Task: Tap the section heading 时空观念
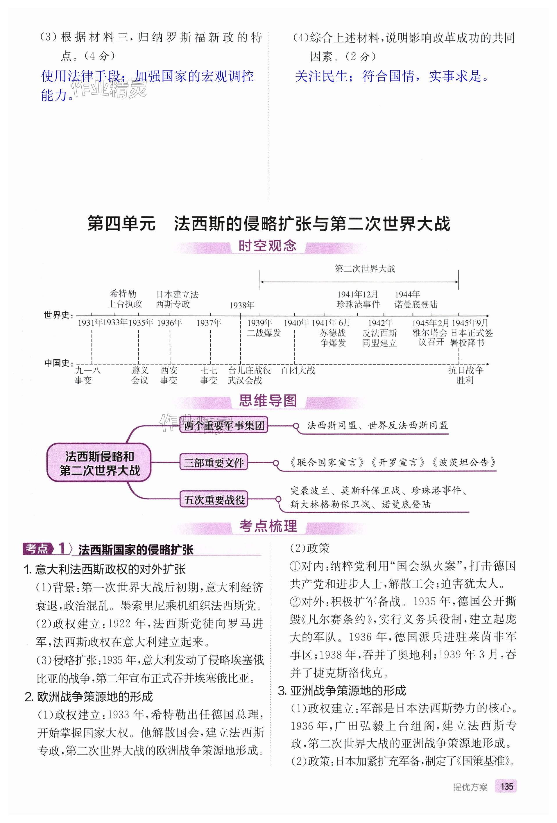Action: click(x=267, y=246)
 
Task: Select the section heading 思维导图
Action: click(x=268, y=401)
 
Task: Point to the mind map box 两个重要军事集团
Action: click(x=224, y=425)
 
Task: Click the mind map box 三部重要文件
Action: click(x=214, y=462)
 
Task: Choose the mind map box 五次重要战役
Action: click(x=214, y=500)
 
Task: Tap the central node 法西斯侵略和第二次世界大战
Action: click(x=99, y=463)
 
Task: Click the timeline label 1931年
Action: click(x=89, y=323)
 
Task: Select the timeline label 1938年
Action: click(x=242, y=305)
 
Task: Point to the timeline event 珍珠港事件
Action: click(x=358, y=304)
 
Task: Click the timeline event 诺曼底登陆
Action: click(x=416, y=304)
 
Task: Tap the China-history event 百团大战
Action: click(x=298, y=370)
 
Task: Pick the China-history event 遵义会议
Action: click(x=140, y=375)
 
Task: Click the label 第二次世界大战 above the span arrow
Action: click(x=365, y=269)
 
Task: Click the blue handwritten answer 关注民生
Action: click(x=321, y=76)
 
